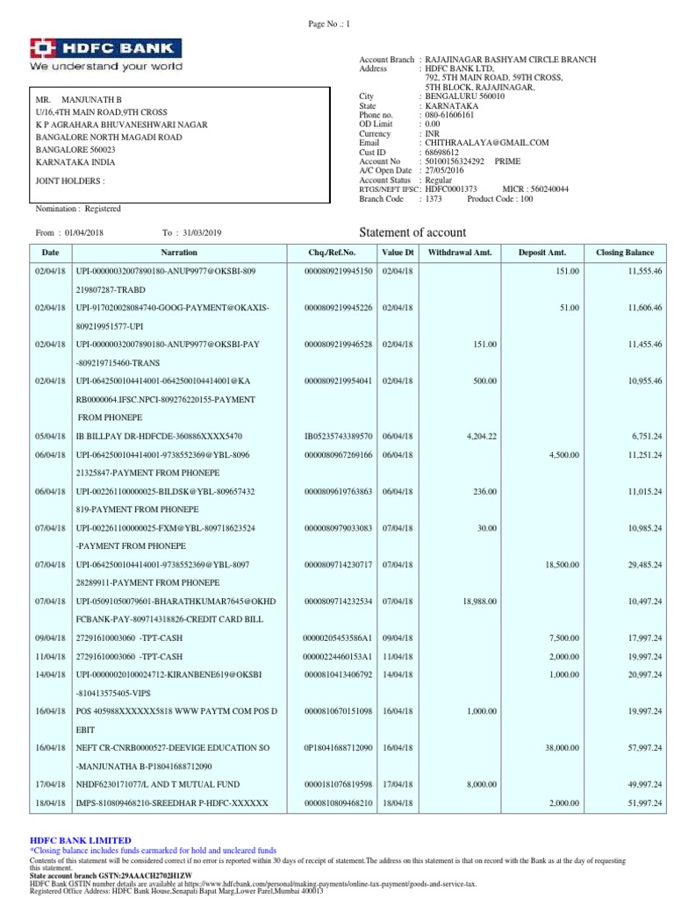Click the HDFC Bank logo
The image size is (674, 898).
click(106, 53)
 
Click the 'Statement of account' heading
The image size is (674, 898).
click(413, 232)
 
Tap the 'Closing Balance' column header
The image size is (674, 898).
click(624, 253)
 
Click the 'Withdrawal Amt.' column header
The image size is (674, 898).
click(459, 253)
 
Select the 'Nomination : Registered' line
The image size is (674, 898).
click(78, 209)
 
